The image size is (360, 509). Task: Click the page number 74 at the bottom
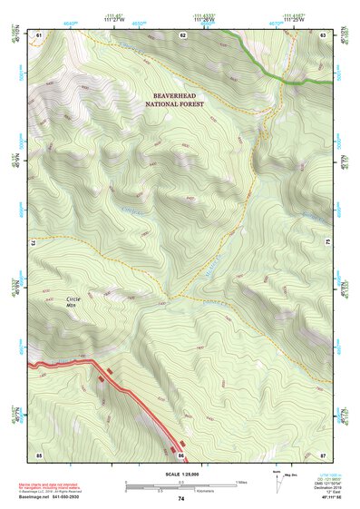point(180,499)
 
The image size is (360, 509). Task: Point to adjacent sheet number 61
point(39,34)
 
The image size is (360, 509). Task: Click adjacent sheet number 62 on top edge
point(182,34)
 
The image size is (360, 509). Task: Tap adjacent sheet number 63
point(324,34)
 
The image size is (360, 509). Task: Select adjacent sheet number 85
point(39,454)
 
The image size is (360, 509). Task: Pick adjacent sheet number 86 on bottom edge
point(181,454)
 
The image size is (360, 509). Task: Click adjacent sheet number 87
point(324,454)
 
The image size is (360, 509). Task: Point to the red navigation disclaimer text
point(63,485)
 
